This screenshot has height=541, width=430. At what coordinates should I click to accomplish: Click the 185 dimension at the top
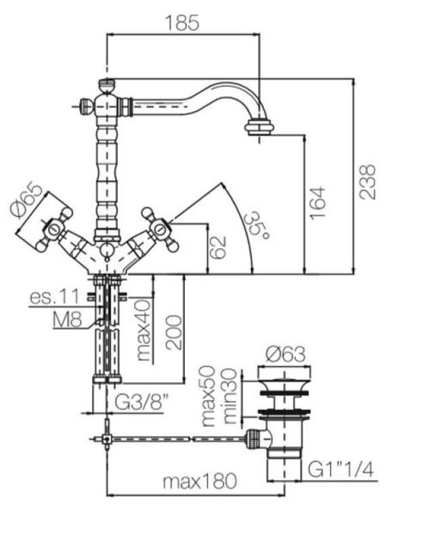click(x=182, y=22)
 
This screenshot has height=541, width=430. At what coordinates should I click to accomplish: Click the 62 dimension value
click(x=217, y=248)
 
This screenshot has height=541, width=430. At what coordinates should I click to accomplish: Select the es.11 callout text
click(x=53, y=297)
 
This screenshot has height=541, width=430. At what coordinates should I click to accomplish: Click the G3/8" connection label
click(x=139, y=403)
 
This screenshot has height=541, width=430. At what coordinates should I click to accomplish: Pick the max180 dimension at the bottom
click(x=200, y=482)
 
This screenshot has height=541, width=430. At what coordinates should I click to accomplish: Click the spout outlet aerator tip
click(x=258, y=126)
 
